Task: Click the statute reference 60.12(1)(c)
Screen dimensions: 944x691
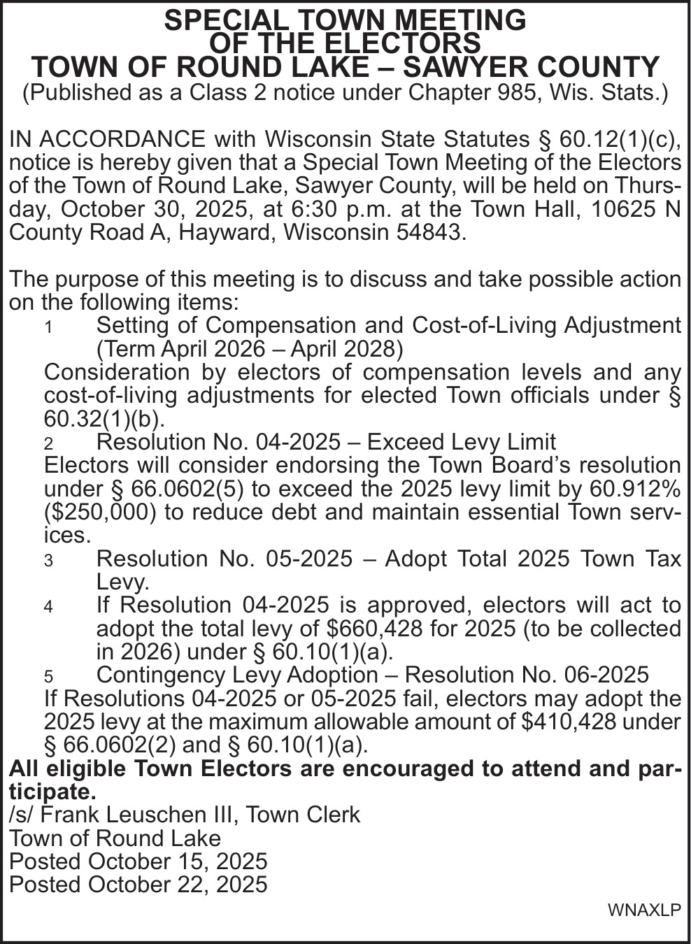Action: (620, 139)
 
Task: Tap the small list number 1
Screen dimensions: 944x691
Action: (48, 327)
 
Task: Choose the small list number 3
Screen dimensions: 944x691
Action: (48, 561)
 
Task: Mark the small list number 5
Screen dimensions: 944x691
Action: (48, 677)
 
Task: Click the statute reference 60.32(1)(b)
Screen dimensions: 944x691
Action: (105, 418)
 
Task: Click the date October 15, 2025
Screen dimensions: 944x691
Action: (178, 861)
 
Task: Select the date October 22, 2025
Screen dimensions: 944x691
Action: (178, 885)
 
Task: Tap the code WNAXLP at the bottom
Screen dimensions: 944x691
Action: (644, 910)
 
